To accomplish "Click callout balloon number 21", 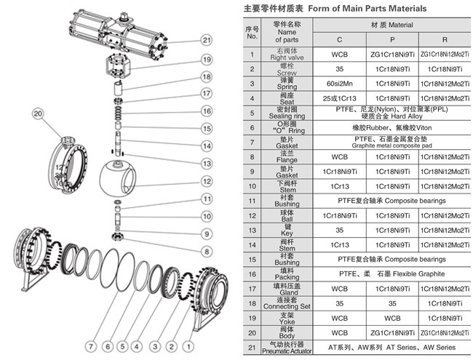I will (207, 41).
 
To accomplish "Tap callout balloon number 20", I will (38, 113).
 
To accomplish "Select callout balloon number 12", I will (207, 181).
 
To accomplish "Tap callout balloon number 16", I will (207, 111).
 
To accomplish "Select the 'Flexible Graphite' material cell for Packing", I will (391, 274).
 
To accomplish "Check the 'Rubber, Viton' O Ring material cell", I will (391, 127).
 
